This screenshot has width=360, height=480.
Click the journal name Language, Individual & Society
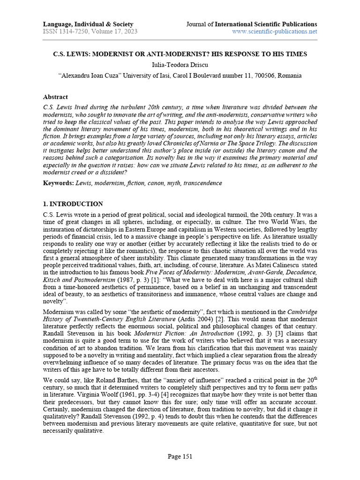[88, 24]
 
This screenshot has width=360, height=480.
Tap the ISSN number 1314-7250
[75, 32]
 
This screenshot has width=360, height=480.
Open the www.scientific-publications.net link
[275, 32]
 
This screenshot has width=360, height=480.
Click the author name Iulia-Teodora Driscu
[180, 65]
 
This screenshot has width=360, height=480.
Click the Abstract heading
[55, 97]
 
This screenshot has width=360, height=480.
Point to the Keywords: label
[58, 183]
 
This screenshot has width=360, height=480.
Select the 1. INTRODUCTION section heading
[73, 204]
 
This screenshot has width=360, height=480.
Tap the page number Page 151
[180, 457]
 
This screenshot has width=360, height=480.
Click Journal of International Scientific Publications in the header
[251, 24]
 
